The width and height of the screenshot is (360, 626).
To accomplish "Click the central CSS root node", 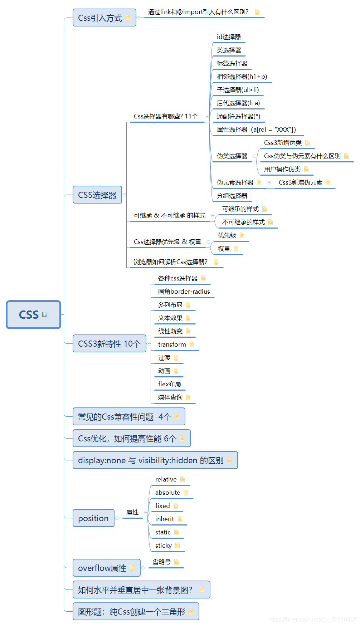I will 33,314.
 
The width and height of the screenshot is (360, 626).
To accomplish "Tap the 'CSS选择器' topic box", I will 97,195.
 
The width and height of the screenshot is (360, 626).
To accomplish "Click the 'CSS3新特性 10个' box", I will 109,344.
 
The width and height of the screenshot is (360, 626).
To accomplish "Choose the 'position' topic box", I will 93,518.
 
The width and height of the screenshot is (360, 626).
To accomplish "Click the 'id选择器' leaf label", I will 229,37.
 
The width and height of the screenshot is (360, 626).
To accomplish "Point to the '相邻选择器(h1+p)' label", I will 242,77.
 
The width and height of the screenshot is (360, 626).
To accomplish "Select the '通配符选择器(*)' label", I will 238,117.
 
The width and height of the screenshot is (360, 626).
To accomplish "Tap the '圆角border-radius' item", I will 184,292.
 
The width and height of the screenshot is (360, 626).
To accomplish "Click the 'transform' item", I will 172,345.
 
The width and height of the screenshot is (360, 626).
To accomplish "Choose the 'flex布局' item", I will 169,385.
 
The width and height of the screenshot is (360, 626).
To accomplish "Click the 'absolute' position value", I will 167,493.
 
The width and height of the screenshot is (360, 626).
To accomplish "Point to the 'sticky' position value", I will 164,546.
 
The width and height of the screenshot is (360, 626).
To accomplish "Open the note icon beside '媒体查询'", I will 188,398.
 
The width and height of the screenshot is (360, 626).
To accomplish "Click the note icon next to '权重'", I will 236,249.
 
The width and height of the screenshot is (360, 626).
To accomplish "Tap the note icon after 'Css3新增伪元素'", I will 328,183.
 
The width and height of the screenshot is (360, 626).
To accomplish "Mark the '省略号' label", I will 161,562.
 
